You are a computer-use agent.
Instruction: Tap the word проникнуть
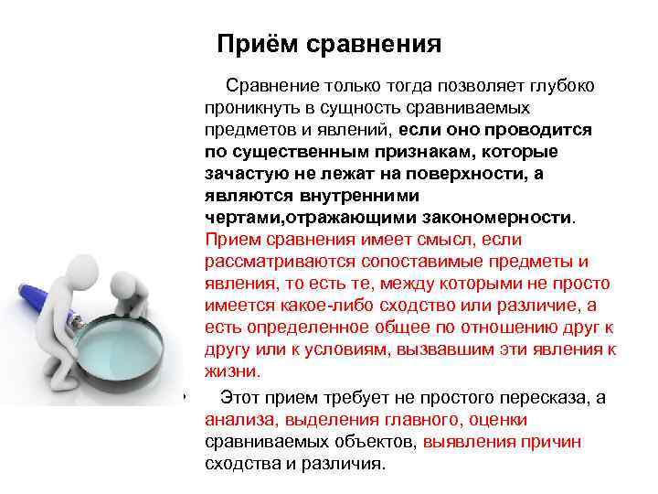[x=249, y=108]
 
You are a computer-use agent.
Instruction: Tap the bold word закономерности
[x=498, y=218]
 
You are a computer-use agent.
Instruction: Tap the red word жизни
[x=233, y=371]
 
